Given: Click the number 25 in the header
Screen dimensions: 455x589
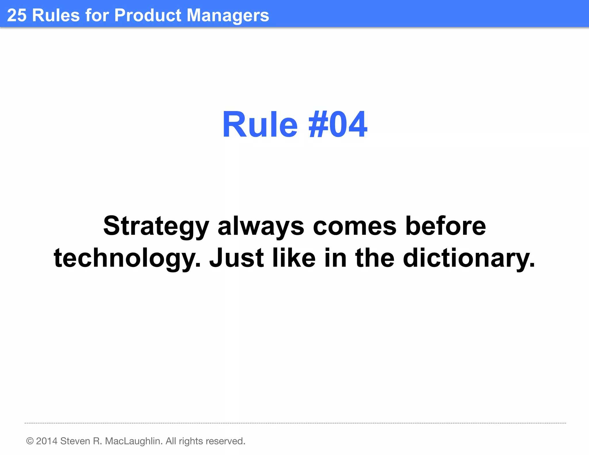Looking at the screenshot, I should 17,15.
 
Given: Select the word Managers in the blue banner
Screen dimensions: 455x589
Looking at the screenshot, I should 228,16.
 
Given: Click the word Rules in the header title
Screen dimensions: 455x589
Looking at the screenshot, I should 56,15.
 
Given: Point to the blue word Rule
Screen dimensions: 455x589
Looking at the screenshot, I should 260,125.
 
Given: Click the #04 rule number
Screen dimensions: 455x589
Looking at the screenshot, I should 338,125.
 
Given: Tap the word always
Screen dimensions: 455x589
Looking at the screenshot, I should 261,227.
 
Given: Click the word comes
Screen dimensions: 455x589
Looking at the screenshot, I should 355,227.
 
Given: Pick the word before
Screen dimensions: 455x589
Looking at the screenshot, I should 445,226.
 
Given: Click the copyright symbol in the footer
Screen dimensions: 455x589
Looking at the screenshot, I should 30,441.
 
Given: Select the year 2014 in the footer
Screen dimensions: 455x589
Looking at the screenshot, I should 47,441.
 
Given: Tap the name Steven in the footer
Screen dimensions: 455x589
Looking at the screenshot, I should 75,441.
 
